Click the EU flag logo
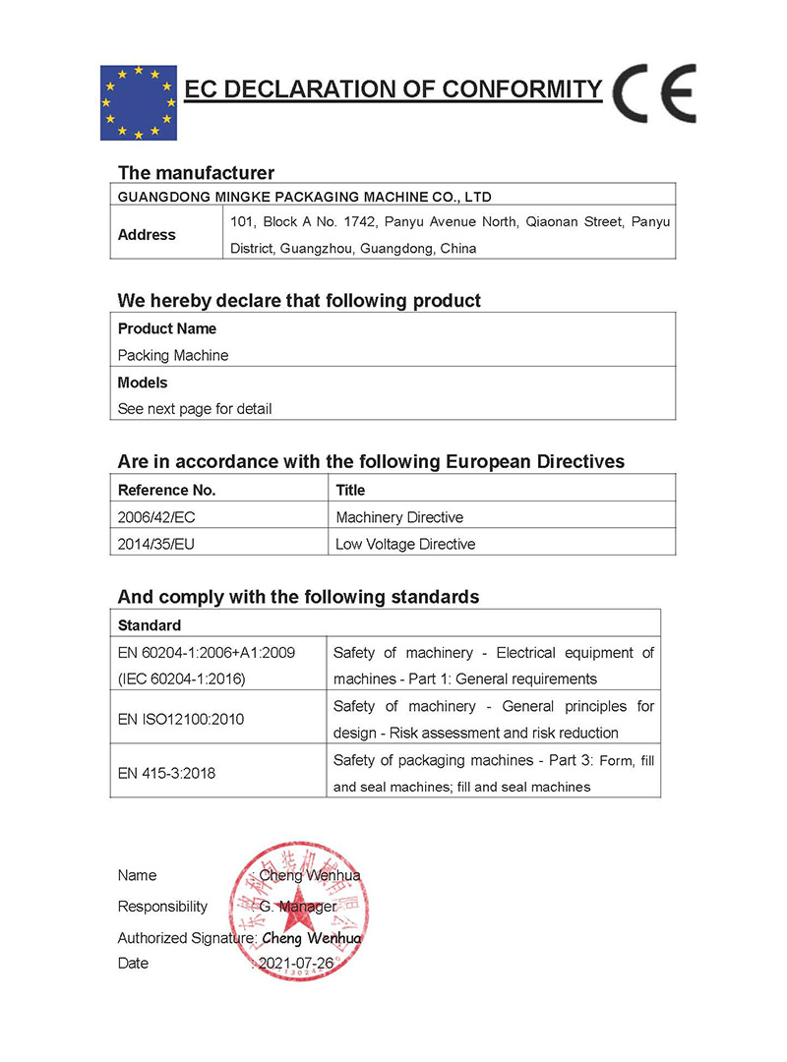[x=138, y=102]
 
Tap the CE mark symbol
[x=653, y=93]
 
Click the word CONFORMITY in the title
[x=520, y=89]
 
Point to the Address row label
[x=147, y=235]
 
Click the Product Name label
[x=167, y=328]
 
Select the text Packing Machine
[x=172, y=355]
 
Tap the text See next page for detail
[x=195, y=408]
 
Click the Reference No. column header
[x=166, y=490]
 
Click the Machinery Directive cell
[x=399, y=517]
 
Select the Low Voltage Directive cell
[x=405, y=544]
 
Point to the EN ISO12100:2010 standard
[x=181, y=719]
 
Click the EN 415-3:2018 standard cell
[x=166, y=773]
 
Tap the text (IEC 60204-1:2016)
[x=181, y=678]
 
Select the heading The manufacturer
[x=196, y=173]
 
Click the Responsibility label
[x=162, y=906]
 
